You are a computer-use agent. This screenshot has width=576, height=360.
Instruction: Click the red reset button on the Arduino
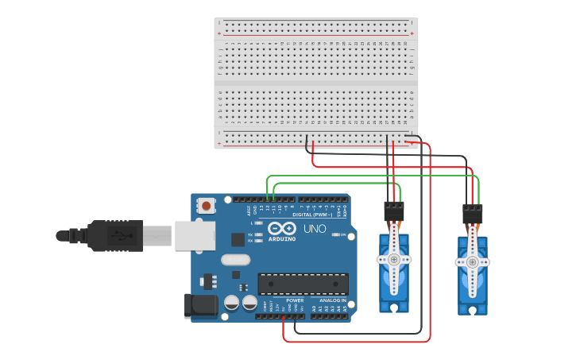(207, 206)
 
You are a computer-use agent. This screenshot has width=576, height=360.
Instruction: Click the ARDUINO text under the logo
(282, 238)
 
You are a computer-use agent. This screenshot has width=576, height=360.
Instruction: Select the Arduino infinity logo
(282, 228)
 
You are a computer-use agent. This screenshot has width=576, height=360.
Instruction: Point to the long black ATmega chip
(303, 283)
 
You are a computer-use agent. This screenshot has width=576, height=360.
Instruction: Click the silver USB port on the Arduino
(195, 235)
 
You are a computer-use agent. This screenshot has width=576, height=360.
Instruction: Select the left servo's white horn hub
(393, 259)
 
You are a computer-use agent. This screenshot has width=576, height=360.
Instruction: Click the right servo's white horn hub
(472, 261)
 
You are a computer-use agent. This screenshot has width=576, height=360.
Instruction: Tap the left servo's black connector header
(393, 211)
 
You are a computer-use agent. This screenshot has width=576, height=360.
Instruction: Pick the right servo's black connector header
(472, 215)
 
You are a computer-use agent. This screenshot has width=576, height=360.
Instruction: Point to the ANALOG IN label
(332, 300)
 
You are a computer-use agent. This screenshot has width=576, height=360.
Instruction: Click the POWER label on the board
(295, 300)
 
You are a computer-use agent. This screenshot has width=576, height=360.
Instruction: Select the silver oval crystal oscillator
(235, 259)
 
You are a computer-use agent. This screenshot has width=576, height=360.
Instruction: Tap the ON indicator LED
(336, 235)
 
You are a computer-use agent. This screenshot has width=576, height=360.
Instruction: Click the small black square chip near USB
(238, 238)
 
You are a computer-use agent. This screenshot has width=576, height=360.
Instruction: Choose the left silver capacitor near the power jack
(231, 303)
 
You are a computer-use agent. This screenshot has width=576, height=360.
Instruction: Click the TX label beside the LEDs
(250, 235)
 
